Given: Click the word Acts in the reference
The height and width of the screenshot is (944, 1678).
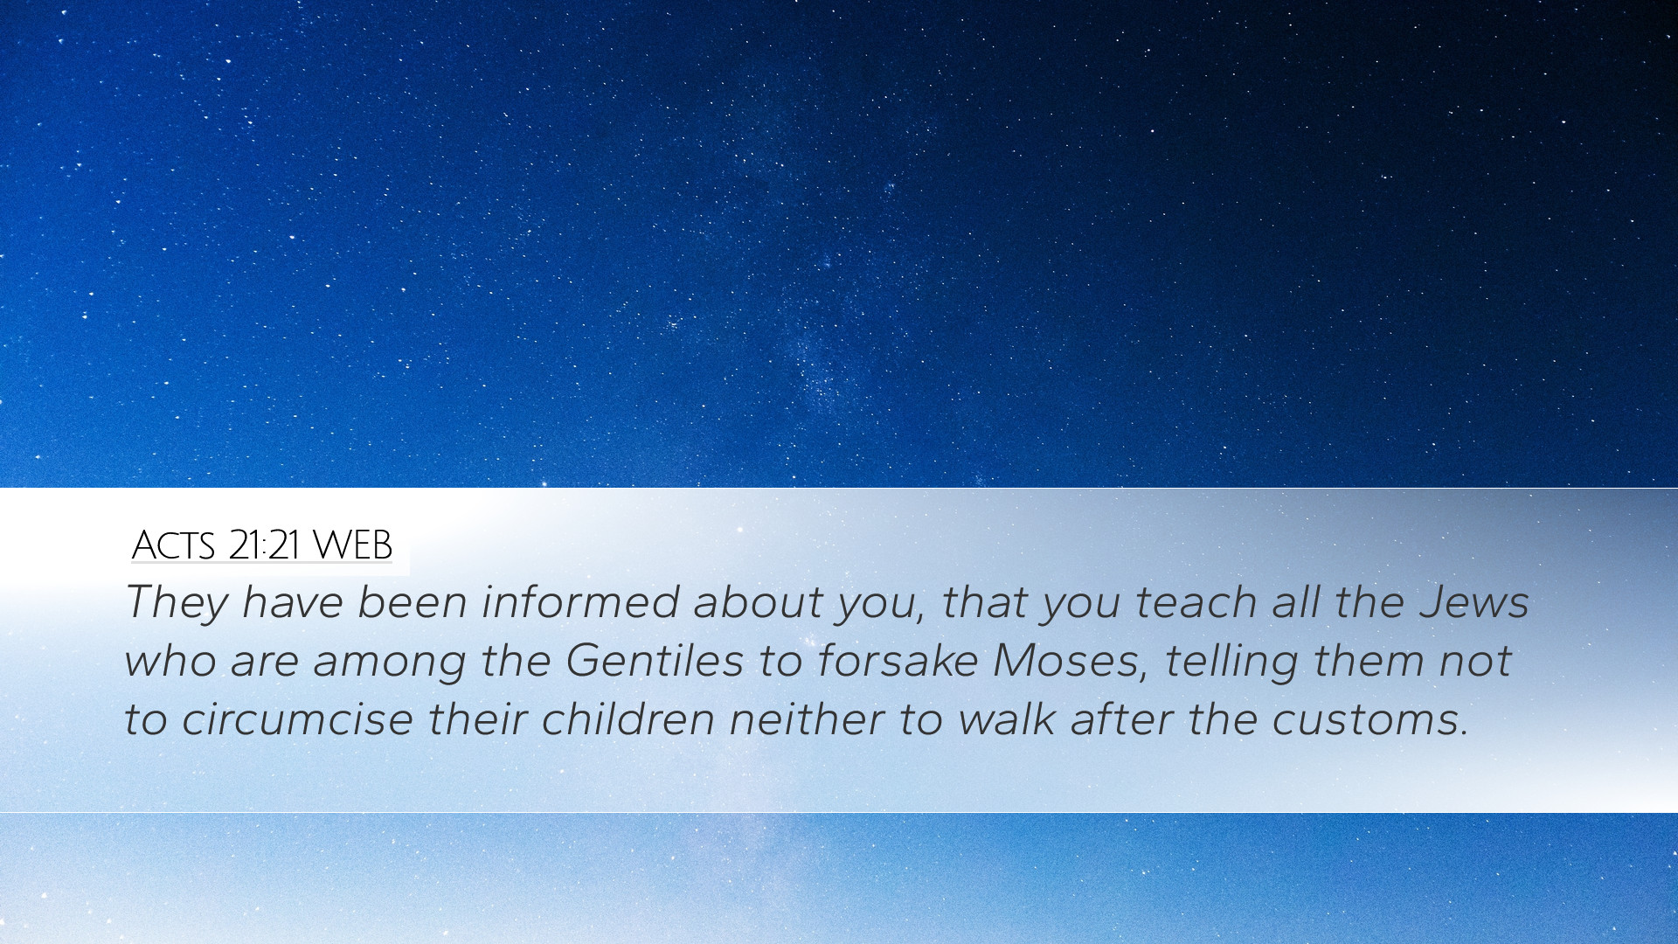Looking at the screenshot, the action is point(173,545).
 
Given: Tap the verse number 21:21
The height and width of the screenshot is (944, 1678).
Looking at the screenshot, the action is point(265,545).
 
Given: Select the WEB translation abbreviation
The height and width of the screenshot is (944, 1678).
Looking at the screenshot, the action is point(352,545).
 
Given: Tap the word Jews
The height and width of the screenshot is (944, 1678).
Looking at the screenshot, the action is point(1474,602).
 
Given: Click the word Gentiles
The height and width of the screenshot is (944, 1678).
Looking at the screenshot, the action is point(655,661).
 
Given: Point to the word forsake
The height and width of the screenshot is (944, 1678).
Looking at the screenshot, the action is point(898,661).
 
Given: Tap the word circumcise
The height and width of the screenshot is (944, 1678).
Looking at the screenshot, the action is point(297,719).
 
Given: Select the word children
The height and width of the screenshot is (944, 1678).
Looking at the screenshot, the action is point(628,719).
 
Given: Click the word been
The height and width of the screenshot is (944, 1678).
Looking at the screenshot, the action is point(413,602).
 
